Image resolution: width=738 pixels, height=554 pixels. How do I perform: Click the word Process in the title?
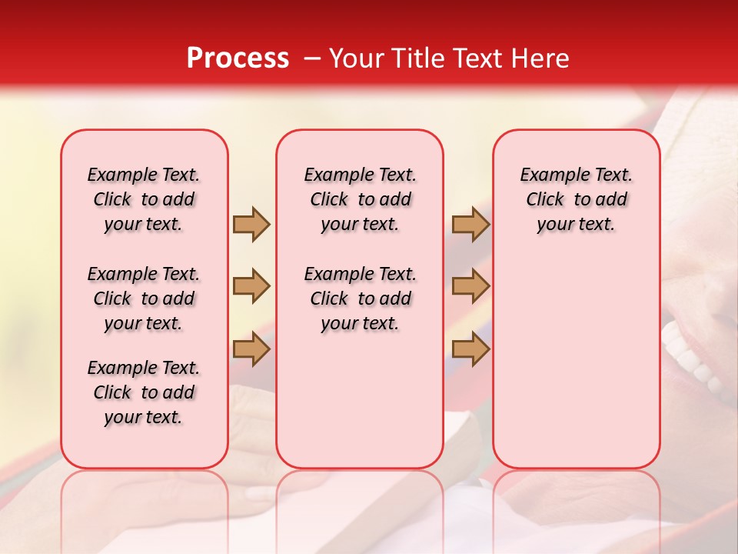(x=238, y=58)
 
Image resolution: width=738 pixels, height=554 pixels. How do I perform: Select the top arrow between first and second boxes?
(x=251, y=224)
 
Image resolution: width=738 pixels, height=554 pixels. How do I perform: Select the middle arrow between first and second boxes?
(x=251, y=286)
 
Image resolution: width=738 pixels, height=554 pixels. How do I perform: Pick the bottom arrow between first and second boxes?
(x=251, y=349)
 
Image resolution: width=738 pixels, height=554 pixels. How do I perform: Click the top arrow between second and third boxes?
(x=470, y=224)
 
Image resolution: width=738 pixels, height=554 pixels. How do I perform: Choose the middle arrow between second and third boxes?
(x=470, y=286)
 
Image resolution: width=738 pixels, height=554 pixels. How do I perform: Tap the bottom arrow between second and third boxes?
(x=470, y=349)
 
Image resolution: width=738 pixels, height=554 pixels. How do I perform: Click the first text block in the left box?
(x=144, y=199)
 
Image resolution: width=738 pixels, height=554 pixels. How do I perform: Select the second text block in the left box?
(x=144, y=299)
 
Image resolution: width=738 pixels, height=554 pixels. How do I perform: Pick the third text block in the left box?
(x=144, y=392)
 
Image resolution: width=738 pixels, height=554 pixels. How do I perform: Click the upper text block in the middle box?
(x=361, y=199)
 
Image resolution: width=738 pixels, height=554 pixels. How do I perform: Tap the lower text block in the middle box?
(x=361, y=299)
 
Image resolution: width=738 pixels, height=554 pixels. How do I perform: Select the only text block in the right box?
(x=577, y=199)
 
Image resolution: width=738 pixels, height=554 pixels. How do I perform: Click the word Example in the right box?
(x=549, y=175)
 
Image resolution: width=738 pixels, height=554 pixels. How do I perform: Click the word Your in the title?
(x=357, y=58)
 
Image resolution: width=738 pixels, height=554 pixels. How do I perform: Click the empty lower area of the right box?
(x=577, y=362)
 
